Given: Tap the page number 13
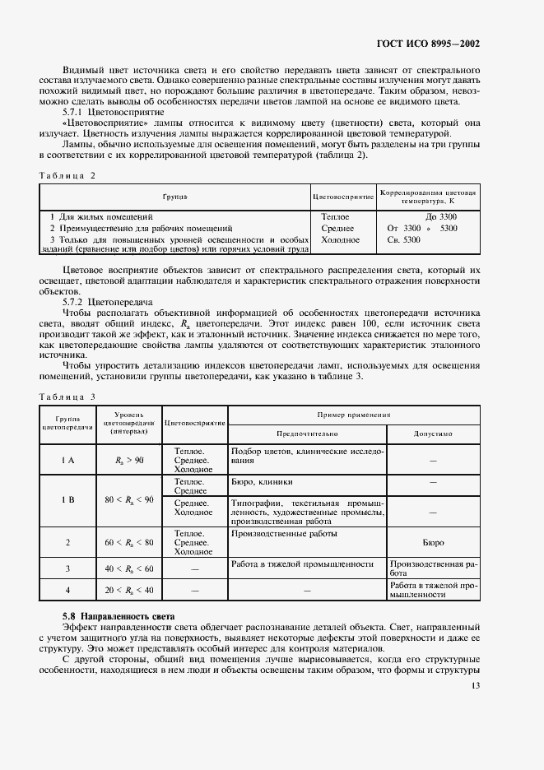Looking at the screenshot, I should coord(475,685).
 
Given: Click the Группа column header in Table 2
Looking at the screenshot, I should coord(174,197).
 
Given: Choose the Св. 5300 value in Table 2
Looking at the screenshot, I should coord(403,239).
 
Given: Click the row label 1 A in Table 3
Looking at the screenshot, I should coord(67,460).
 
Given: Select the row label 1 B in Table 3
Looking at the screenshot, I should coord(67,499).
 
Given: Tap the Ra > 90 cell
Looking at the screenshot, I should coord(129,460).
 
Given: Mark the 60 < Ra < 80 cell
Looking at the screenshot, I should coord(129,542).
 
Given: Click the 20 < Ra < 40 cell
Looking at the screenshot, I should coord(129,590).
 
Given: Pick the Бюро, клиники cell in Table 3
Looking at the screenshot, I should coord(261,481).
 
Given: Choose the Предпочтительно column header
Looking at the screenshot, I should coord(306,434).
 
